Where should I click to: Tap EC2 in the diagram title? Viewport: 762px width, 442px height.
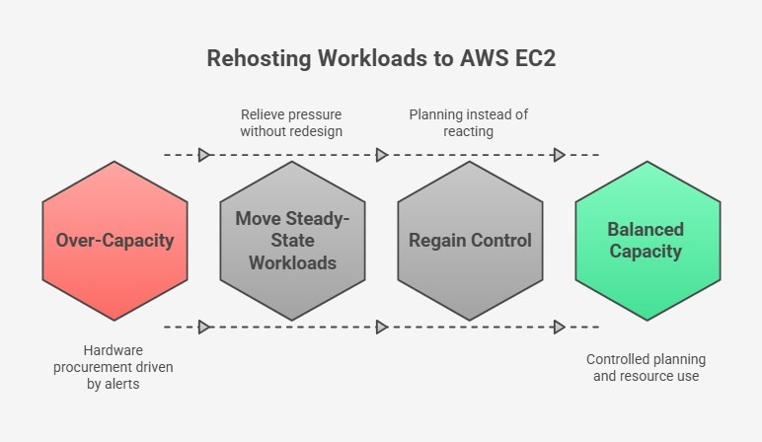pyautogui.click(x=533, y=58)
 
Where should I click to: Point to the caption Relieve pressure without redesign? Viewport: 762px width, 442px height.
pyautogui.click(x=292, y=123)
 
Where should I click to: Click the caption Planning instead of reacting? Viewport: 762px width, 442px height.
pyautogui.click(x=469, y=123)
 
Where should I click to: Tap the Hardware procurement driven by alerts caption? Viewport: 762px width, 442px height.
pyautogui.click(x=114, y=368)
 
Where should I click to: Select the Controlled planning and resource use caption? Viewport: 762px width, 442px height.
pyautogui.click(x=647, y=368)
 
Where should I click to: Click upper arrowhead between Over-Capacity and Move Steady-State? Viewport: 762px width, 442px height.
pyautogui.click(x=204, y=155)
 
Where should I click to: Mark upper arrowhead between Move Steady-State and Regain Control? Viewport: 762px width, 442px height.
pyautogui.click(x=382, y=155)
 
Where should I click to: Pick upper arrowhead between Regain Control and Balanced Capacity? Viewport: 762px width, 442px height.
pyautogui.click(x=559, y=155)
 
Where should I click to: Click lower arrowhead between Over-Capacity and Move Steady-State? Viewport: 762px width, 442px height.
pyautogui.click(x=204, y=327)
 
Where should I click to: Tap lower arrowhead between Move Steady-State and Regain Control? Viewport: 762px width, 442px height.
pyautogui.click(x=382, y=327)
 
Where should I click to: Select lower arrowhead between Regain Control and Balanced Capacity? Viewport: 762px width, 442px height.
pyautogui.click(x=559, y=327)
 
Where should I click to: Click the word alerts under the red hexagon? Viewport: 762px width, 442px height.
pyautogui.click(x=124, y=385)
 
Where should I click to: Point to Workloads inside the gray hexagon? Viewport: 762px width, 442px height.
pyautogui.click(x=292, y=262)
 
